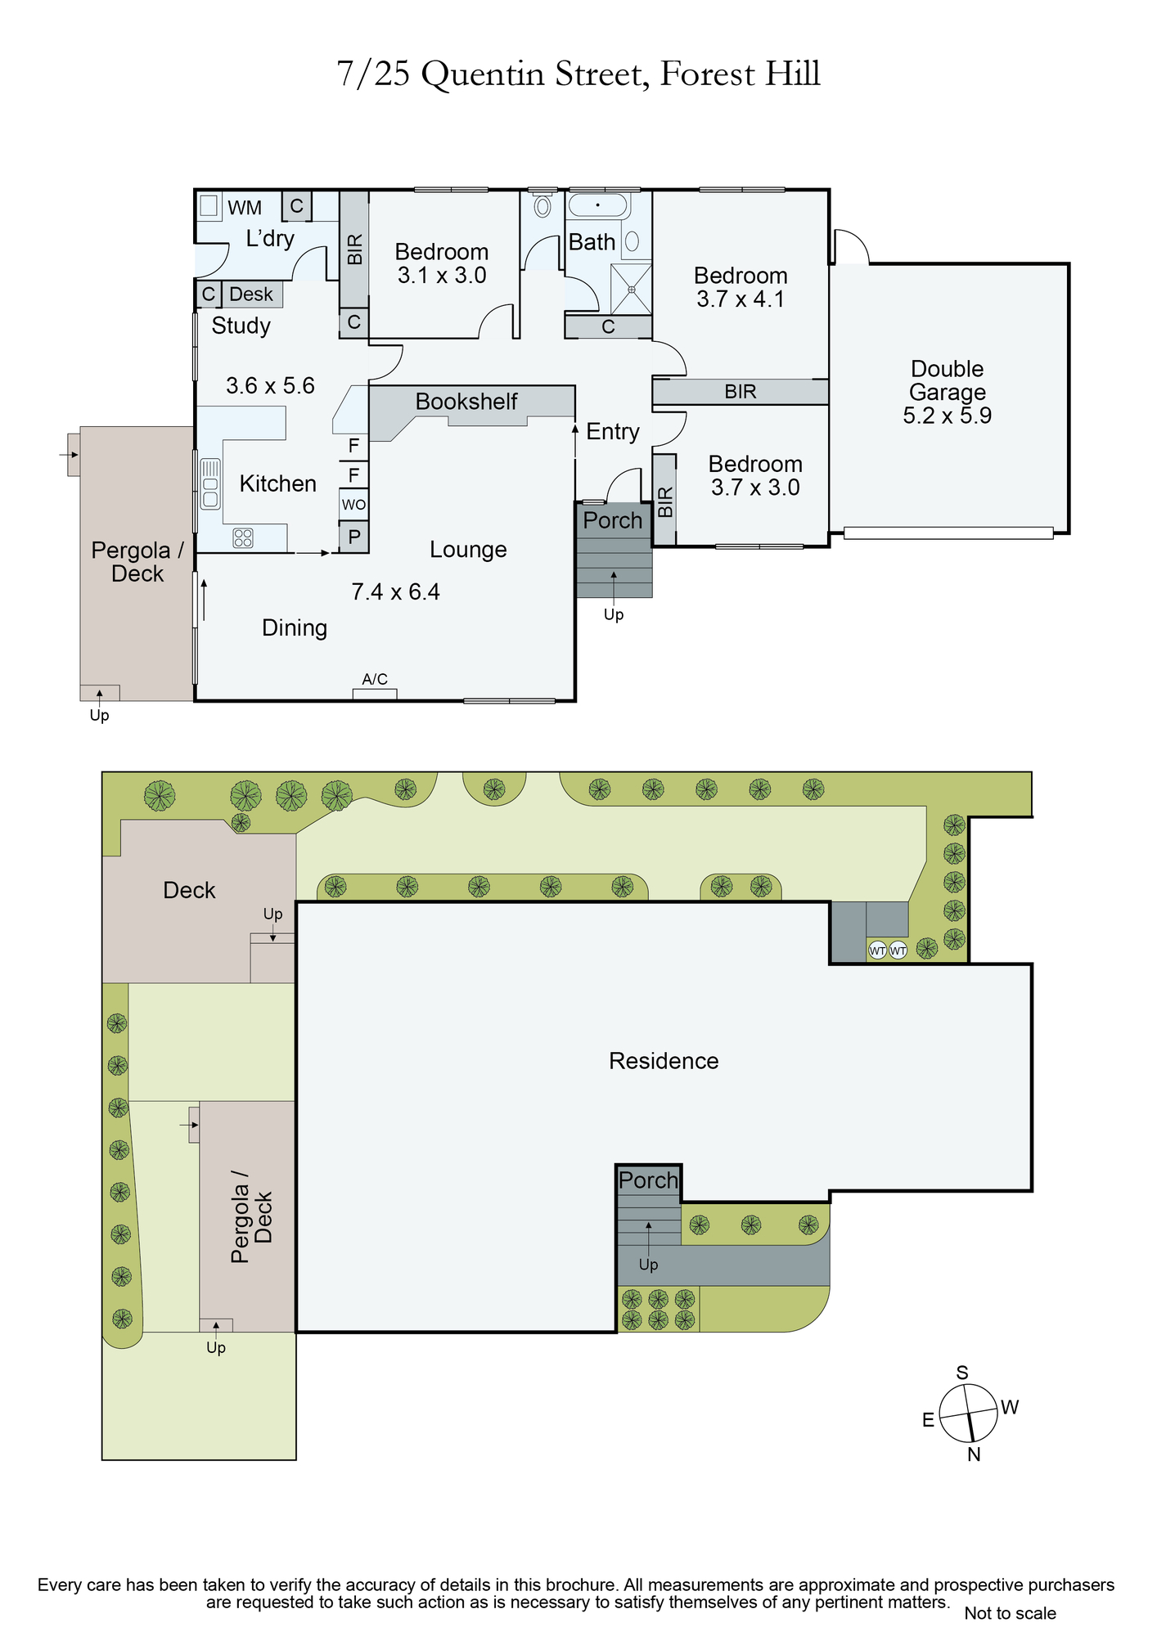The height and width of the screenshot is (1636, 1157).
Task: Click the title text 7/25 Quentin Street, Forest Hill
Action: click(578, 74)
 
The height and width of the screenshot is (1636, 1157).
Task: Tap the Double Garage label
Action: click(948, 380)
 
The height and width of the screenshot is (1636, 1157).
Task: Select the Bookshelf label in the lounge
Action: click(466, 402)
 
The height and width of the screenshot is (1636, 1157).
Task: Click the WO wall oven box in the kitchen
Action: click(353, 504)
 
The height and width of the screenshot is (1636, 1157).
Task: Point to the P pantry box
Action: click(354, 537)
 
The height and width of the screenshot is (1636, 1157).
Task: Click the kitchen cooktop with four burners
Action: click(243, 537)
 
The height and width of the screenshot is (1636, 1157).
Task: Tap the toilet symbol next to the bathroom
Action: click(542, 205)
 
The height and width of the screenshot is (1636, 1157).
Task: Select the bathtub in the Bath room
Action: click(598, 204)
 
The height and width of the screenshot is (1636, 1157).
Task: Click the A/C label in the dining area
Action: click(375, 679)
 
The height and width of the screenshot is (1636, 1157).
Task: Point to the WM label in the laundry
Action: click(245, 208)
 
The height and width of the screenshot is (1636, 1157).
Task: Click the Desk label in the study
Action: click(251, 294)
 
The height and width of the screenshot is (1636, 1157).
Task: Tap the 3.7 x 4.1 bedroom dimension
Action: click(741, 299)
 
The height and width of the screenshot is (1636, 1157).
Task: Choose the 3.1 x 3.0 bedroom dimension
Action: click(442, 276)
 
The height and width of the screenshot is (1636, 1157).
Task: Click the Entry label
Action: click(613, 432)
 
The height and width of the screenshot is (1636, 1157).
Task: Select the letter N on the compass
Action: click(974, 1454)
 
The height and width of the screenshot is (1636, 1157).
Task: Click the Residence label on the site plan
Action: click(664, 1061)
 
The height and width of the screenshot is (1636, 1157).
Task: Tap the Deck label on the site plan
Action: click(189, 890)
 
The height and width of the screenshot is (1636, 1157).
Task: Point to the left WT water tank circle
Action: click(877, 951)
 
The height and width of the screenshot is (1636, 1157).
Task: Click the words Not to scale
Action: click(1010, 1613)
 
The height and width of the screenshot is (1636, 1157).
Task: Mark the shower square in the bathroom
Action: click(632, 289)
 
